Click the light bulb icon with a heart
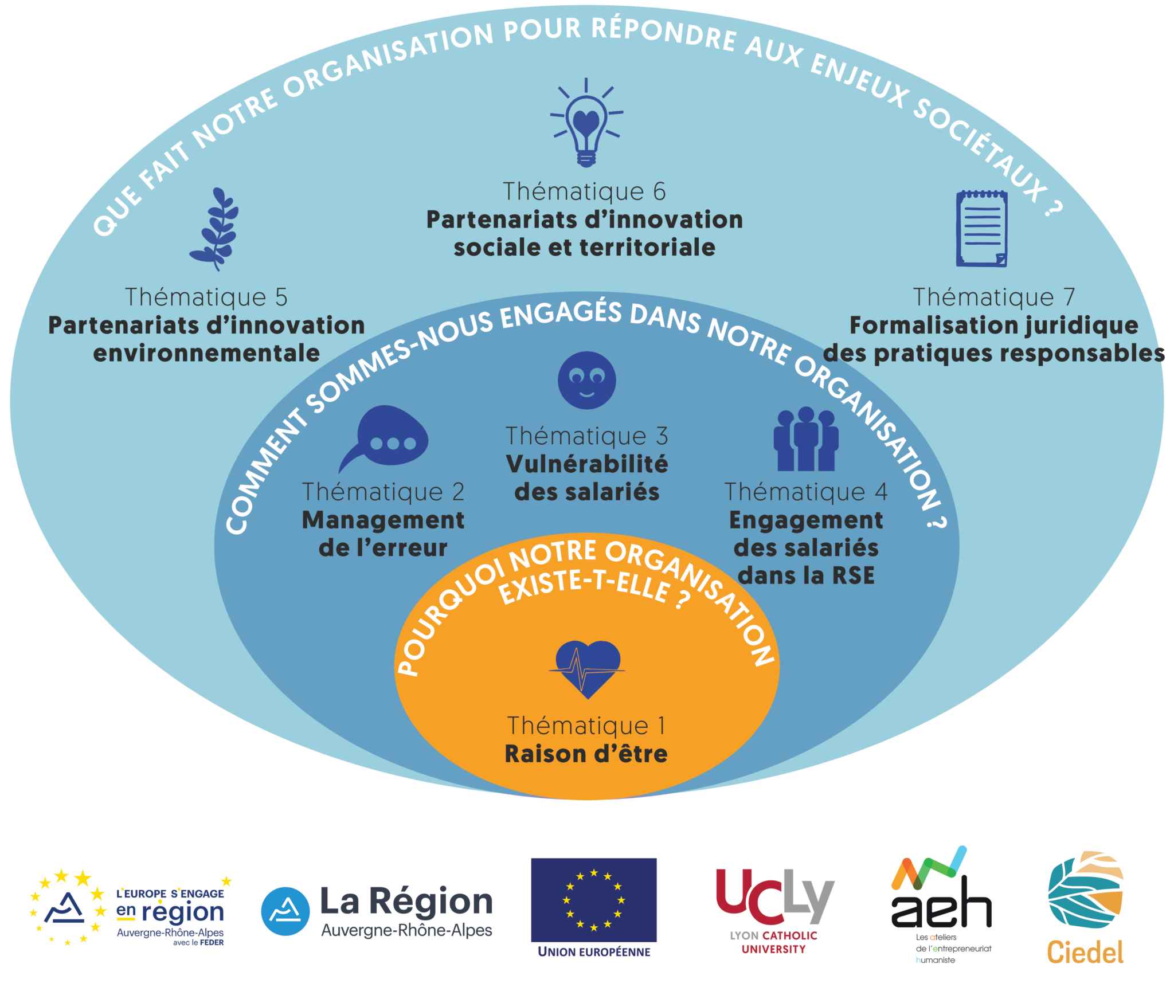point(586,124)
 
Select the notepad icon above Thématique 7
point(981,228)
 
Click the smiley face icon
point(586,380)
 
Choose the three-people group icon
point(805,440)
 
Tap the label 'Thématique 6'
point(584,191)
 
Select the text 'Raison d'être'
point(586,754)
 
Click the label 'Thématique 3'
point(586,436)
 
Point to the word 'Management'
point(383,520)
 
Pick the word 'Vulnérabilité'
point(587,464)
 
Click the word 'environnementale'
point(206,353)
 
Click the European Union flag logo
point(593,900)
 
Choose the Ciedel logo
point(1085,906)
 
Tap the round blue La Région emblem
point(285,911)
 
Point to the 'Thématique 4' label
point(806,492)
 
